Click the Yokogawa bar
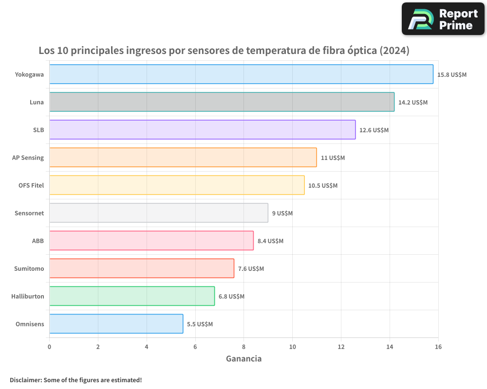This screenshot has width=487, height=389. [x=241, y=74]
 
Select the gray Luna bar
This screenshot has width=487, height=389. [x=222, y=102]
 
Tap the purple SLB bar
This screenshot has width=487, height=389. [x=202, y=130]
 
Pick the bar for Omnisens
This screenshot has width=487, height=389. [x=116, y=324]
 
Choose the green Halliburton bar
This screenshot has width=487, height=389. [x=131, y=296]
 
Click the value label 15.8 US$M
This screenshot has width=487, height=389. [x=452, y=74]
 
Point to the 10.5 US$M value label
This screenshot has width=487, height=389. [x=322, y=185]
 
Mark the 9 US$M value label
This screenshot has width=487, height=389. [x=282, y=213]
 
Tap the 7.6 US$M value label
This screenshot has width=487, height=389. [x=251, y=268]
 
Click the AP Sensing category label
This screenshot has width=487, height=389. [x=28, y=158]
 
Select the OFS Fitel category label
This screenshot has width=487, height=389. [x=31, y=185]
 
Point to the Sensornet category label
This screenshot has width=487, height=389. [x=29, y=213]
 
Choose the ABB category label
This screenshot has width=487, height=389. [x=38, y=241]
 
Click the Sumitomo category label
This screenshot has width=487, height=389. [x=29, y=268]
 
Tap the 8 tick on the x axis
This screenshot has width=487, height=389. [x=243, y=347]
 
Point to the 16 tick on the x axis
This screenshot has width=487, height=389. [x=438, y=347]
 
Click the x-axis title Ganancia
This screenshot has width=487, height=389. [x=243, y=359]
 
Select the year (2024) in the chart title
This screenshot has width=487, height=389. [x=394, y=51]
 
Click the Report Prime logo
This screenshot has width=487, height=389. [x=443, y=19]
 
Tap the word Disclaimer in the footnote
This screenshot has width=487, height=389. [x=25, y=380]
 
